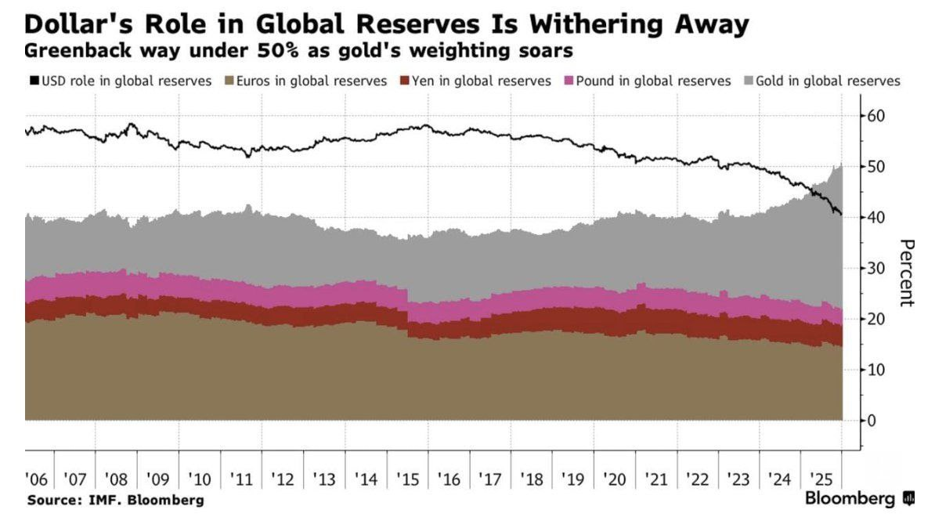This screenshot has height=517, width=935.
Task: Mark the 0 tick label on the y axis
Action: (x=872, y=420)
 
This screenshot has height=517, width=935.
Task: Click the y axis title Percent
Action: (x=906, y=273)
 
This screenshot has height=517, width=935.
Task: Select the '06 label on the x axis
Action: (x=36, y=479)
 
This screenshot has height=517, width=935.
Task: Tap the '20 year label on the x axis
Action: (x=614, y=479)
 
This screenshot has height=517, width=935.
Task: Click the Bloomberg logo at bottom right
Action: (x=859, y=499)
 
